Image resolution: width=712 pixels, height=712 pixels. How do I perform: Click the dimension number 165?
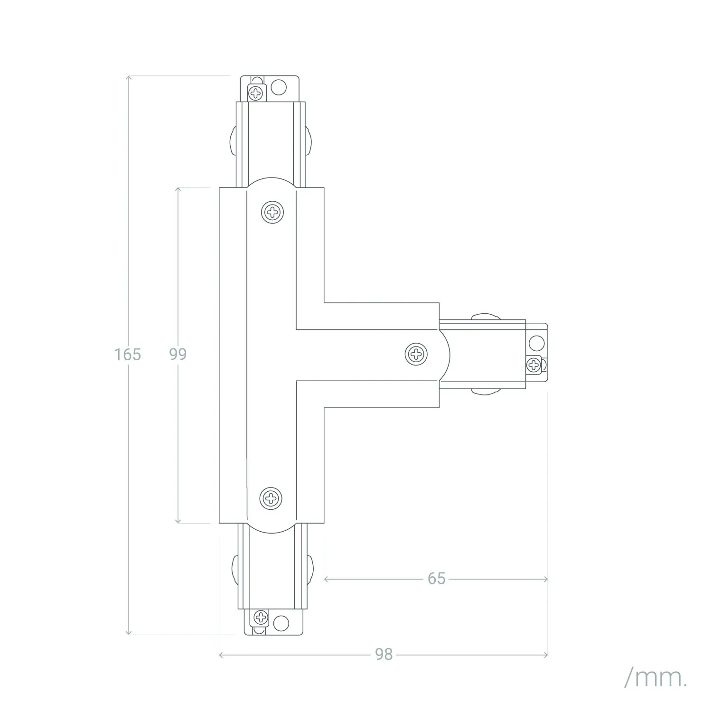pos(128,354)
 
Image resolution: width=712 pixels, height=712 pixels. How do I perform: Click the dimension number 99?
pos(178,354)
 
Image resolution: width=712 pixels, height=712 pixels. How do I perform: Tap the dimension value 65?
pos(437,579)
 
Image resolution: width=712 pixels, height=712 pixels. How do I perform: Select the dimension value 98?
pos(384,655)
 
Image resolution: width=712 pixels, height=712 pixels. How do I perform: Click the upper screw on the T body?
pos(272,212)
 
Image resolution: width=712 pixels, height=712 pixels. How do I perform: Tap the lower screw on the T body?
pos(271,498)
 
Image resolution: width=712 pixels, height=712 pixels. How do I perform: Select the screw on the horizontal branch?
pos(416,354)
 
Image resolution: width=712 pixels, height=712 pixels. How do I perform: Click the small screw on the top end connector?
pos(256,93)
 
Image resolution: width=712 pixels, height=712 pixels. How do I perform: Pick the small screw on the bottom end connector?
pos(261,618)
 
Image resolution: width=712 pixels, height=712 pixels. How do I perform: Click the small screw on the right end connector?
pos(534,365)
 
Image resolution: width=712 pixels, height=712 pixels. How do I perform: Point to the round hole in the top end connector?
pos(279,87)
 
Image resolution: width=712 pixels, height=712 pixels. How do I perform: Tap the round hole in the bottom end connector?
pos(281,623)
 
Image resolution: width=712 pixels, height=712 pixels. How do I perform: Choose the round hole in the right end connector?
pos(537,343)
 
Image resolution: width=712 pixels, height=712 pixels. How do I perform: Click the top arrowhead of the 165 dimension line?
pos(128,77)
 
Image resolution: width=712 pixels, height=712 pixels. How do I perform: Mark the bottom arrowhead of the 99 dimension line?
pos(178,521)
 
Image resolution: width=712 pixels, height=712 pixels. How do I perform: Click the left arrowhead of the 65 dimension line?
pos(327,579)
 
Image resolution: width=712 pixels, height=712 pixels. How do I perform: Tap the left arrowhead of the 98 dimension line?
pos(221,655)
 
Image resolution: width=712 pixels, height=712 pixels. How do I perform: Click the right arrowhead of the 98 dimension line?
pos(545,655)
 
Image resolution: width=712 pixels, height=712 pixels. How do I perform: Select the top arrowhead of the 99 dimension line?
pos(178,189)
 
